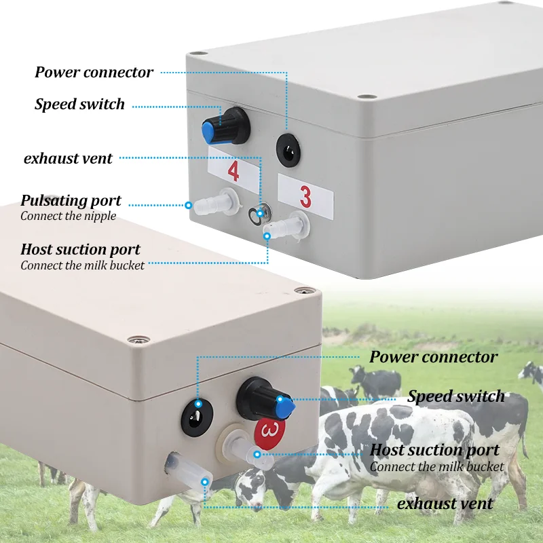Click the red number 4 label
click(x=233, y=171)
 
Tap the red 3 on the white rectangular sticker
click(x=305, y=197)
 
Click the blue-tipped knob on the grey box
click(x=225, y=126)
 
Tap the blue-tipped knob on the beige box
click(x=265, y=400)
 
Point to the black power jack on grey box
click(x=288, y=150)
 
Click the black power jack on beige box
click(x=197, y=417)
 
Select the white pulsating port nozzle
click(x=215, y=201)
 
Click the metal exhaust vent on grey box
click(x=260, y=213)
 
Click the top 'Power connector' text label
click(x=94, y=73)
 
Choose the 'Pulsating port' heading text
click(x=71, y=201)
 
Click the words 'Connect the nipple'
click(x=69, y=216)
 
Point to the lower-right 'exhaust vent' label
click(x=445, y=504)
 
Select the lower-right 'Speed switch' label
click(x=455, y=396)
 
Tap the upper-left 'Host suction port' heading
click(x=80, y=250)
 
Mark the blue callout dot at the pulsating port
click(x=189, y=206)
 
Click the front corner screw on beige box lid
click(x=138, y=340)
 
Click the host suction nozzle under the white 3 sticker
click(x=286, y=226)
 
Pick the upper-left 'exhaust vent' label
click(x=68, y=159)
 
